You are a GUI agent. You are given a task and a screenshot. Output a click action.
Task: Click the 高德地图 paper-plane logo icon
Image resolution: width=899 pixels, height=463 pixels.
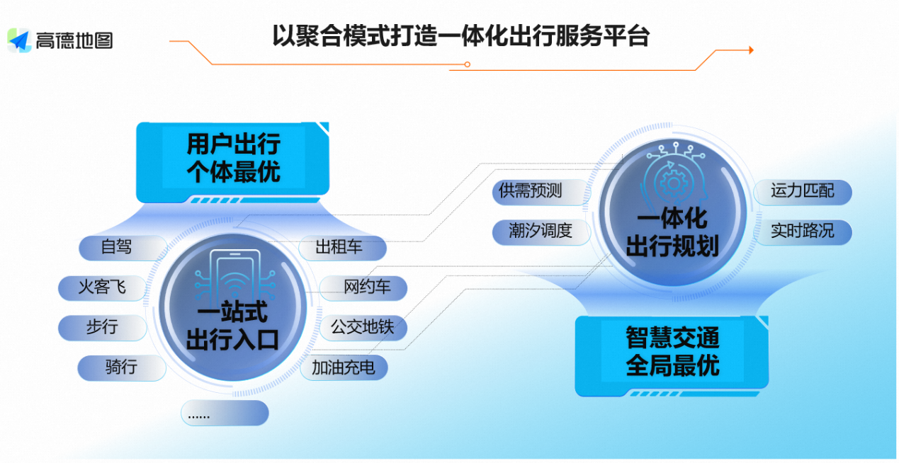coord(19,40)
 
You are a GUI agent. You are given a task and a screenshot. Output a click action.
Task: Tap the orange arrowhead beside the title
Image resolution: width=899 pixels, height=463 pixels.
coord(750,50)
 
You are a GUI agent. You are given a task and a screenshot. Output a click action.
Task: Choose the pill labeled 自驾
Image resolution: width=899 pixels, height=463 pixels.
coord(118,247)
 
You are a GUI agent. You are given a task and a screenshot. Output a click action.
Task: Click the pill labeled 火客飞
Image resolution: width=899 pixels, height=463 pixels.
coord(103,287)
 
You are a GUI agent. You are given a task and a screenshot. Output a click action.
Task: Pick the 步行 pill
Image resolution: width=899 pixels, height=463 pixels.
coord(103,327)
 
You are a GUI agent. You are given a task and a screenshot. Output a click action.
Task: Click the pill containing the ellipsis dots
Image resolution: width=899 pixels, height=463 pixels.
coord(224,413)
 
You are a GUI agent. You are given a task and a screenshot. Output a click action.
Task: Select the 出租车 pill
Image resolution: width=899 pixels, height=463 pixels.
coord(340,247)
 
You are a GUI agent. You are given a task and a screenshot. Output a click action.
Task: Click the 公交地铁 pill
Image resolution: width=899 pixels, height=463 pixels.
coord(361,327)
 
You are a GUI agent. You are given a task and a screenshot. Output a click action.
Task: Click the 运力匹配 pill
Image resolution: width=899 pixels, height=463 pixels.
coord(802,190)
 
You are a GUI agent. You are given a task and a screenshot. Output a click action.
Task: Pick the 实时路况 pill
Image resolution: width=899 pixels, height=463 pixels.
coord(802,231)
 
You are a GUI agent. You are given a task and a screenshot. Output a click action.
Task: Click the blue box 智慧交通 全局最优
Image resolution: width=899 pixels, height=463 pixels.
coord(672,352)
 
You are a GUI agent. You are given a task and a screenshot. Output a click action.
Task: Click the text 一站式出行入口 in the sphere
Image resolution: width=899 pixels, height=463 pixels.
coord(232,326)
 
